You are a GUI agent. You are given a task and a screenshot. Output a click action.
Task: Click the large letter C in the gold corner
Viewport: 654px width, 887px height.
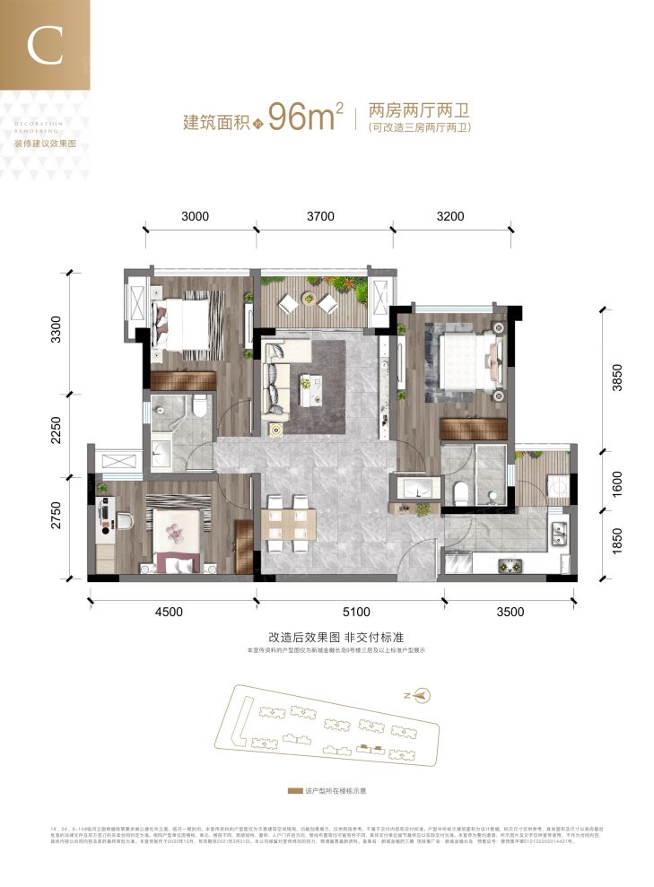click(44, 46)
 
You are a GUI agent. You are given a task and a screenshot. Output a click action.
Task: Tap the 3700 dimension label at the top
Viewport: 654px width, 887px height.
click(319, 216)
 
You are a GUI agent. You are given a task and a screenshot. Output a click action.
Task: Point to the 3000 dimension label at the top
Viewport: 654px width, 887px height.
click(195, 216)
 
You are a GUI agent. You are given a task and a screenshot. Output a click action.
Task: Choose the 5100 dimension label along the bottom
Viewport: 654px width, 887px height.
click(356, 613)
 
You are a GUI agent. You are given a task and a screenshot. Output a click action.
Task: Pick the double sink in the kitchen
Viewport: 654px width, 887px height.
click(560, 530)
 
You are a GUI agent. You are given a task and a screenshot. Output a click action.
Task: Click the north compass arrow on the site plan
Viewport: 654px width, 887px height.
click(423, 693)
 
